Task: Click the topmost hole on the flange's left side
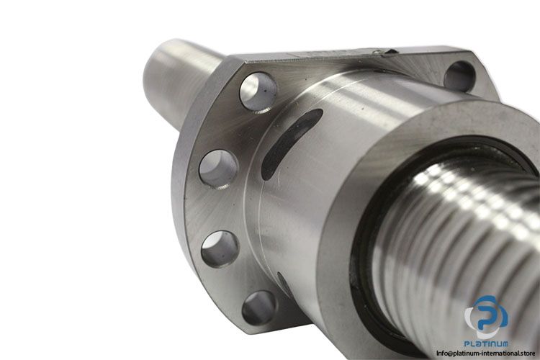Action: (258, 91)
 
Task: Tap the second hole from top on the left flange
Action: (219, 168)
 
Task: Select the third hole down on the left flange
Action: (220, 248)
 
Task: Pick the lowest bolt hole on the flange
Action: (259, 308)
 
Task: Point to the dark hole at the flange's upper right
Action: (460, 76)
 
